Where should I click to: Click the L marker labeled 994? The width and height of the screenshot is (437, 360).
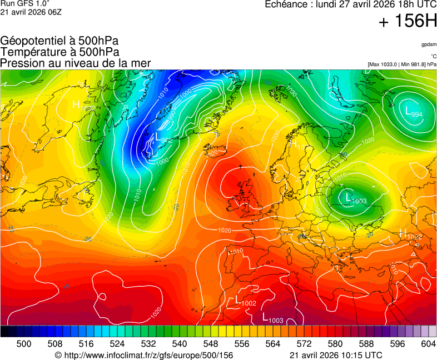pos(409,111)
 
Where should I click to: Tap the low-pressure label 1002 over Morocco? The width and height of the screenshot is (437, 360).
pos(249,303)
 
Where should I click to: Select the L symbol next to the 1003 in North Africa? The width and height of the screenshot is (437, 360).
pos(265,317)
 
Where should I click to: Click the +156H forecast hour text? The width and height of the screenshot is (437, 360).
pos(408,22)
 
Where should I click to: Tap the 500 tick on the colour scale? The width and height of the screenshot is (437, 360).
pos(24,344)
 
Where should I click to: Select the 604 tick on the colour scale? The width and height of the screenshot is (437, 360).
pos(428,344)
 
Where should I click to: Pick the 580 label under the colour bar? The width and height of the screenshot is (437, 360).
pos(335,344)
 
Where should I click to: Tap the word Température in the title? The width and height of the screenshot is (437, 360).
pos(31,52)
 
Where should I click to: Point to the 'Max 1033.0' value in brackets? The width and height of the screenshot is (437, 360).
pos(385,64)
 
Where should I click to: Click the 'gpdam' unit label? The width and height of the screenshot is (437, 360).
pos(428,44)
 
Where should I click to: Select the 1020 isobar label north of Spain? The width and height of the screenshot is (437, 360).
pos(225,230)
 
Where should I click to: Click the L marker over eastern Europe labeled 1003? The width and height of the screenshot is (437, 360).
pos(347,197)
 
